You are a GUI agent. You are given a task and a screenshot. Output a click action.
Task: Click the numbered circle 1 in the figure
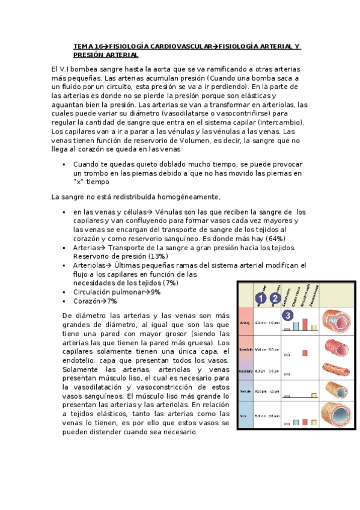click(260, 298)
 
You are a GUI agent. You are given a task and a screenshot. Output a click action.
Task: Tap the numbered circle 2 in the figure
click(275, 298)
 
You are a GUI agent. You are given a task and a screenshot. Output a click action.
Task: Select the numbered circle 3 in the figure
click(288, 315)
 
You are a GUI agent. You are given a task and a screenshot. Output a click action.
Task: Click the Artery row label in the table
click(245, 322)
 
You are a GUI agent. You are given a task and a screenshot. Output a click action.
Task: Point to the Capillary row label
click(245, 370)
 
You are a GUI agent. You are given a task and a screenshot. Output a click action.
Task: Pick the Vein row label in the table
click(245, 415)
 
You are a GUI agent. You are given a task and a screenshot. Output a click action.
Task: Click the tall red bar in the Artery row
click(305, 323)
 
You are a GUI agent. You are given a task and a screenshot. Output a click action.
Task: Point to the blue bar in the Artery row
click(296, 326)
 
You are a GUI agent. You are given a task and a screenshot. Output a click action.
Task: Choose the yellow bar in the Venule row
click(314, 395)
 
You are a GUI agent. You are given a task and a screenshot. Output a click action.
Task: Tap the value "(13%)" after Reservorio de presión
click(156, 256)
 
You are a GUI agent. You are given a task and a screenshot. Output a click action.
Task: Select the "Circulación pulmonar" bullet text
click(111, 292)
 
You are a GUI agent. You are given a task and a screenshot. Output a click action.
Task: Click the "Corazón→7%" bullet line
click(95, 301)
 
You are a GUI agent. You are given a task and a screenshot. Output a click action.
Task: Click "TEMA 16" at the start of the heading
click(87, 46)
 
